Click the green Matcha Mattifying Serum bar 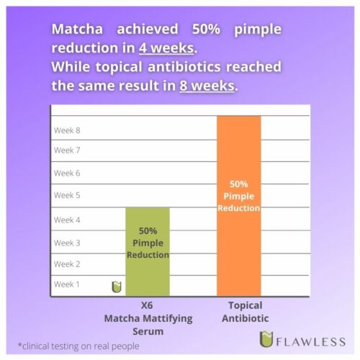(148, 251)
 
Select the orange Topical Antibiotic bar (239, 206)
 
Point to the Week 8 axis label (67, 130)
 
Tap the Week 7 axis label (67, 150)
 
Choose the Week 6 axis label (67, 173)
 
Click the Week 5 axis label (67, 195)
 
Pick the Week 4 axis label (67, 220)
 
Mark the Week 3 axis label (67, 243)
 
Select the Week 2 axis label (67, 264)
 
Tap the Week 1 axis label (67, 284)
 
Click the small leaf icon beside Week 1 (117, 287)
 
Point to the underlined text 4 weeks (166, 48)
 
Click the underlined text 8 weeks (207, 86)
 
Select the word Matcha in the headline (77, 29)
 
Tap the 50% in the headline (206, 29)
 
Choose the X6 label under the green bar (147, 305)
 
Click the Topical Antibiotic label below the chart (246, 312)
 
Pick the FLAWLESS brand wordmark (311, 341)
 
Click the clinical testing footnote (78, 346)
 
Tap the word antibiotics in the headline (184, 67)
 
